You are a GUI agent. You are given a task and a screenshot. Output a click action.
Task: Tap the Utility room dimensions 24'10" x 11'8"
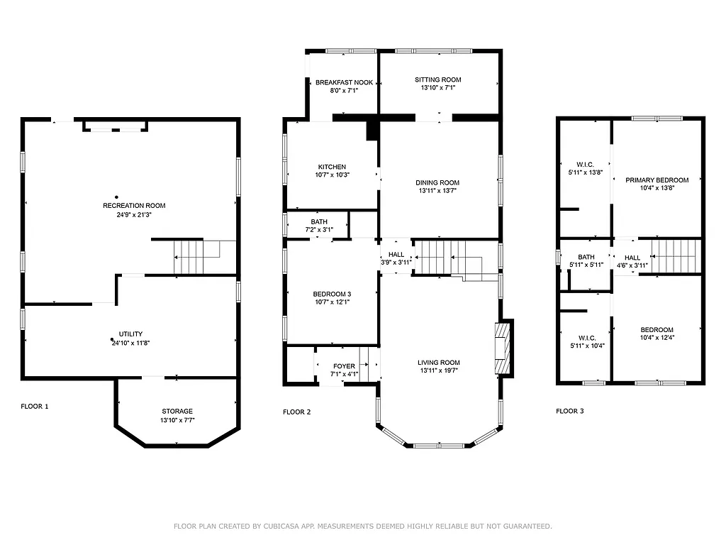coord(130,343)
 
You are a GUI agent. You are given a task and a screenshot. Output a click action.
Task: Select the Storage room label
coord(177,411)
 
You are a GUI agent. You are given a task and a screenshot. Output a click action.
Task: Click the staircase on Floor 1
coord(189,257)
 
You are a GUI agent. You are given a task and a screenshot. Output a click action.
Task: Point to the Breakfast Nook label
coord(344,82)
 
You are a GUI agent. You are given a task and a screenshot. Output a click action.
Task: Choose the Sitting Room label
coord(437,79)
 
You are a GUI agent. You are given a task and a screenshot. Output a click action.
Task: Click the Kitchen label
coord(332,167)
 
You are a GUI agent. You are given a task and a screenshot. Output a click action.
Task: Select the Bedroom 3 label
coord(332,294)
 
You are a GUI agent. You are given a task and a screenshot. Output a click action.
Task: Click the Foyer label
coord(344,366)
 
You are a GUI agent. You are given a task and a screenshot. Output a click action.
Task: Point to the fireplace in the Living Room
coord(502,348)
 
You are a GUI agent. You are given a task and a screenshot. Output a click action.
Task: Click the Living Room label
coord(438,362)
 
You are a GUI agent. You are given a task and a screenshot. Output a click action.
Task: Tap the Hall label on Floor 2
coord(396,255)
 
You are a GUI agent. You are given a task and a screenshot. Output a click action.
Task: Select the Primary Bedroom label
coord(657,180)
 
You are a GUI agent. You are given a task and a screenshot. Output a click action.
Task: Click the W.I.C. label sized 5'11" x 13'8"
coord(586,165)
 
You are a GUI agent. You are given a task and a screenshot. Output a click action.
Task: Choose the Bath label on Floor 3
coord(586,257)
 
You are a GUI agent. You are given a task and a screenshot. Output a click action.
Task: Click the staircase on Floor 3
coord(675,256)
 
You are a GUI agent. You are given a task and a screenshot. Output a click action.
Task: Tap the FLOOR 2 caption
coord(297,412)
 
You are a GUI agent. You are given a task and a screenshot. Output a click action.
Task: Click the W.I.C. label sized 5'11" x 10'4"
coord(586,338)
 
